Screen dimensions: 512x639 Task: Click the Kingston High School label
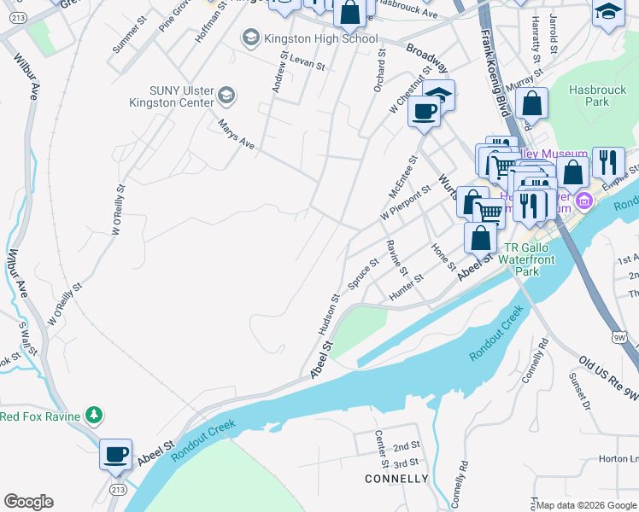pos(322,38)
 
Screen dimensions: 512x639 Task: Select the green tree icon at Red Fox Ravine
pos(93,416)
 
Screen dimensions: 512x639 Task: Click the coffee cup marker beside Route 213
pos(115,453)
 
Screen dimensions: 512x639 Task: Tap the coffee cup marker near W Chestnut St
pos(424,111)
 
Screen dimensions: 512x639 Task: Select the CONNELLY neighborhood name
pos(396,479)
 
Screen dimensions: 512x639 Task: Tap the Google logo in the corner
pos(28,502)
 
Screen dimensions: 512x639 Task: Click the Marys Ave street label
pos(237,135)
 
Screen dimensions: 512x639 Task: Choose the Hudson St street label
pos(330,314)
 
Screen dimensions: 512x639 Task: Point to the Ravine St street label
pos(396,257)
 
